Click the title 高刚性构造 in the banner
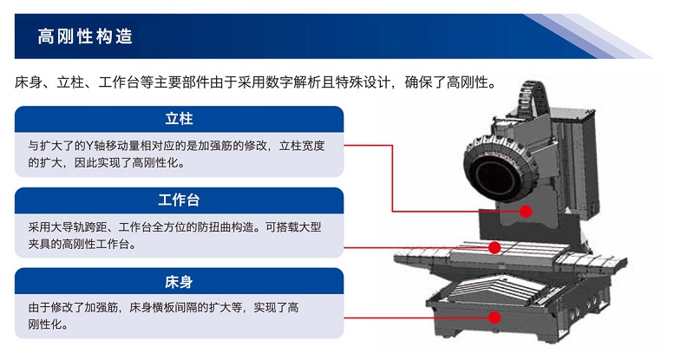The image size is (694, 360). [85, 36]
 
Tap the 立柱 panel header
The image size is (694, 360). [179, 119]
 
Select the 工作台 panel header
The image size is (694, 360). [179, 200]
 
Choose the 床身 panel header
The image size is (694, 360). [179, 282]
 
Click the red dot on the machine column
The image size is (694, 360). [526, 211]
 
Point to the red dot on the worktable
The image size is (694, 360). [494, 247]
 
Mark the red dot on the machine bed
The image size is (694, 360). [494, 317]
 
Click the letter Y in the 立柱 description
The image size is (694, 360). [89, 146]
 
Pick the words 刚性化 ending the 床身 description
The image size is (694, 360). [45, 324]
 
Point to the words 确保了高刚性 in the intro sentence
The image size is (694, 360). [446, 82]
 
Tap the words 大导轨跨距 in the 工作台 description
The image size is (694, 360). [79, 227]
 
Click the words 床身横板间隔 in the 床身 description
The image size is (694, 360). [163, 307]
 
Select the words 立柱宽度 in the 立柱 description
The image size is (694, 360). [302, 146]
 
